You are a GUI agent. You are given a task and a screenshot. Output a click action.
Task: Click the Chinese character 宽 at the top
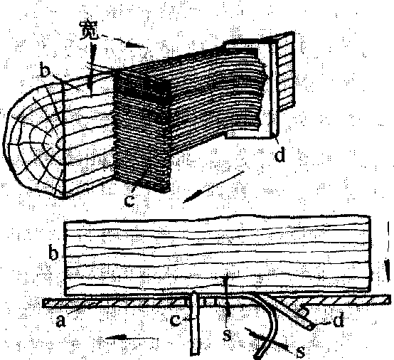pos(89,31)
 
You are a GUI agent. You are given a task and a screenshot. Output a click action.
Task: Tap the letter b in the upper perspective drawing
pos(45,71)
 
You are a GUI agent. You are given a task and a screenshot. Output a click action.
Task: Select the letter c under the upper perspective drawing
pos(129,201)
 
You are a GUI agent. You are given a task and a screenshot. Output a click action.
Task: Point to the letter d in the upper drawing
pos(280,154)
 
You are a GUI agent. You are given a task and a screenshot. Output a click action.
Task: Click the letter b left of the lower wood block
pos(53,253)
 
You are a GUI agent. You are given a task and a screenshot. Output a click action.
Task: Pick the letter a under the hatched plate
pos(60,321)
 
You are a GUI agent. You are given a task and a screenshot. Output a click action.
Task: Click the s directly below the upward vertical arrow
pos(228,335)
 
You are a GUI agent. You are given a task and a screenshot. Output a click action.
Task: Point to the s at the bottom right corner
pos(300,351)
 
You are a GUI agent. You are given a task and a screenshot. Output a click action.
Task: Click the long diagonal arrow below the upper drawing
pos(214,187)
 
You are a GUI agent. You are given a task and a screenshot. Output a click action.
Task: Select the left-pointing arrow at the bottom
pos(131,338)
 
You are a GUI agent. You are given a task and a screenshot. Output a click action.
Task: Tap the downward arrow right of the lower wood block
pos(388,251)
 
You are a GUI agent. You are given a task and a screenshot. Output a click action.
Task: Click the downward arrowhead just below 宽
pos(92,68)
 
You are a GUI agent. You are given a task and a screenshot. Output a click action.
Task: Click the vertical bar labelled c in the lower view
pos(195,323)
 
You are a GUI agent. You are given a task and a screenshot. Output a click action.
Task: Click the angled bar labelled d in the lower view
pos(287,311)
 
